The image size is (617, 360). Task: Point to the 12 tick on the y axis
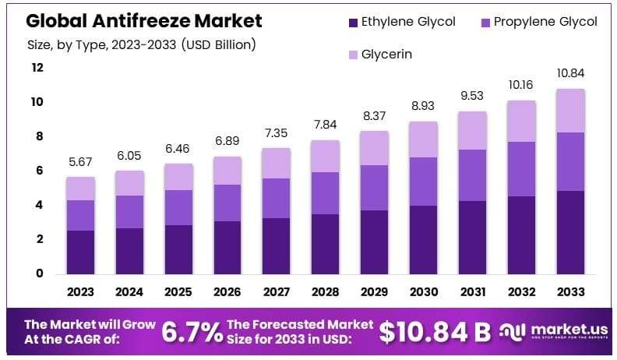[x=37, y=68]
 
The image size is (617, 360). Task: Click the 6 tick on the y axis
[x=37, y=171]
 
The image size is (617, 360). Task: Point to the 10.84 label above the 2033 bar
[x=571, y=73]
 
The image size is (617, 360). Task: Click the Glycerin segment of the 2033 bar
[x=571, y=111]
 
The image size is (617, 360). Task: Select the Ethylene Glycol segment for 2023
[x=80, y=252]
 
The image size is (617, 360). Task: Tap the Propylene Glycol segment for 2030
[x=424, y=182]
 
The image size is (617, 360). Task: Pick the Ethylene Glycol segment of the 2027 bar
[x=277, y=245]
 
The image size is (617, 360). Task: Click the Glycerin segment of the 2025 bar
[x=178, y=177]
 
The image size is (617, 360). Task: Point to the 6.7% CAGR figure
[x=192, y=333]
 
